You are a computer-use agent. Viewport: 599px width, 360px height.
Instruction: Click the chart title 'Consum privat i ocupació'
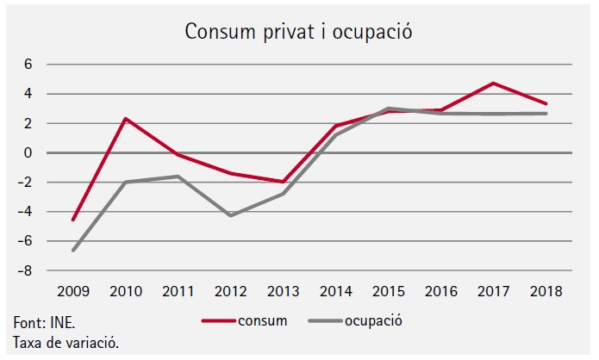[299, 33]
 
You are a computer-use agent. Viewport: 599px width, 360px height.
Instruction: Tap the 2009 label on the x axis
[73, 292]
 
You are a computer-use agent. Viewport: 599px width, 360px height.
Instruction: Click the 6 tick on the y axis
[28, 65]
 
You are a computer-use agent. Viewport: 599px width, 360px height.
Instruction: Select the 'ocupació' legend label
[374, 321]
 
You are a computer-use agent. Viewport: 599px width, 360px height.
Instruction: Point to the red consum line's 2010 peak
[127, 119]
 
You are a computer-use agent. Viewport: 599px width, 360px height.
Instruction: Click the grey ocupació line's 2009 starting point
[73, 251]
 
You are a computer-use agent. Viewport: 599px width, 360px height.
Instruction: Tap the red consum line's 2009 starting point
[73, 220]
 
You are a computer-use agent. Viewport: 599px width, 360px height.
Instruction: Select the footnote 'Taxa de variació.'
[66, 343]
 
